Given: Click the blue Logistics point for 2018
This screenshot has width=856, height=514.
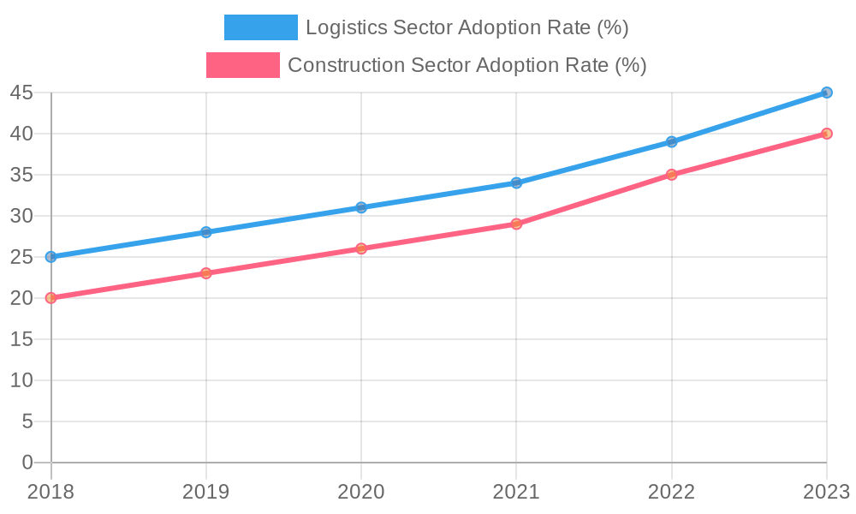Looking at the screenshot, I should (x=51, y=257).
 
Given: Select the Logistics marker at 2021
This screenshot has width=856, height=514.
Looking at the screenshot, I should (x=516, y=182).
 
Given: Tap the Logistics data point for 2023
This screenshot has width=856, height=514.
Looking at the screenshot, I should (x=827, y=93).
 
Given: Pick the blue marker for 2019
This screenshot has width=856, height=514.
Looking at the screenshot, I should (x=206, y=232).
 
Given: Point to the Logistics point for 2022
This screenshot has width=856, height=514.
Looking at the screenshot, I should (x=672, y=141).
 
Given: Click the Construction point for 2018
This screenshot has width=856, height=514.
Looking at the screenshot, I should (x=51, y=298).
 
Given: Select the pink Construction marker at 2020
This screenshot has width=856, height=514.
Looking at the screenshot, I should (x=361, y=248).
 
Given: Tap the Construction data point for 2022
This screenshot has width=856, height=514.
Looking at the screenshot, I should (x=672, y=175).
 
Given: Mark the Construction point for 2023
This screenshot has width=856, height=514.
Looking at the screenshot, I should (x=827, y=134).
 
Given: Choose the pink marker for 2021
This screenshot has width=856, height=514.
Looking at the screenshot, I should (x=516, y=224).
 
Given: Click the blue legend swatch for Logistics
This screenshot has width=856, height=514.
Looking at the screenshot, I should (x=260, y=27).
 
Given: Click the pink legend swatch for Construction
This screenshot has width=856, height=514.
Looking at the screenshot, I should (x=243, y=65).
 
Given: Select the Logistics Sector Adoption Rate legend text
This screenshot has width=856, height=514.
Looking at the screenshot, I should (x=467, y=27).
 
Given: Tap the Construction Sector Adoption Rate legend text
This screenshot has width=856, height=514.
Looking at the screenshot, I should (x=467, y=65).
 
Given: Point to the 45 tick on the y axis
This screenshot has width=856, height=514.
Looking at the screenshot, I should (x=22, y=93).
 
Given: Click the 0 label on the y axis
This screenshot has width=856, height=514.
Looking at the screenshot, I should (x=27, y=463).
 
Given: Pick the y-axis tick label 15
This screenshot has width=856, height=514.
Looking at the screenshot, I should (x=22, y=339).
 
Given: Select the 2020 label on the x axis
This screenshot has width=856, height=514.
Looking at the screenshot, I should (x=361, y=492).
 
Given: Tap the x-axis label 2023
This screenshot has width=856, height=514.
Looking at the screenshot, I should (x=825, y=492).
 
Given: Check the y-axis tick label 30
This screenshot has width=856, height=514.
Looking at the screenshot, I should (x=22, y=216).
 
